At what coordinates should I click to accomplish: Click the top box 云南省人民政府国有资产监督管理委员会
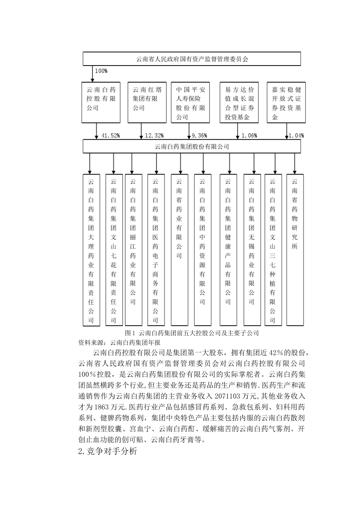pos(192,59)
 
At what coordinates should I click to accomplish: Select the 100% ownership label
pos(101,71)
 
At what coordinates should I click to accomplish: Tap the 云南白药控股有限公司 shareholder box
pos(101,102)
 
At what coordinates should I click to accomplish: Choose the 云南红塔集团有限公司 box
pos(147,102)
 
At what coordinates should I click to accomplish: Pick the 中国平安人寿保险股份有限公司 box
pos(190,102)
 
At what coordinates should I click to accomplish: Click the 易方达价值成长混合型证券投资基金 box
pos(239,102)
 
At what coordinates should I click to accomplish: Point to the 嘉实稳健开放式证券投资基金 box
pos(286,102)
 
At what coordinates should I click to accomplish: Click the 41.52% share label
pos(111,136)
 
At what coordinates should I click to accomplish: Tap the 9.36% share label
pos(199,136)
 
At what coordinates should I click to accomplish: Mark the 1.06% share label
pos(249,136)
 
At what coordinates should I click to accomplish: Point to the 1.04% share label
pos(296,136)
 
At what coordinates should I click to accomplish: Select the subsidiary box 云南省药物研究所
pos(295,250)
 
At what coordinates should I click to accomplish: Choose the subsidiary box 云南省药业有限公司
pos(179,250)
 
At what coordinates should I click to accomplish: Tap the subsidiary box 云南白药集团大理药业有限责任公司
pos(91,250)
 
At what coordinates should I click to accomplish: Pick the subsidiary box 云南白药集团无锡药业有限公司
pos(252,250)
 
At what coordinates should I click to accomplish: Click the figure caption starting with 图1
pos(192,333)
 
